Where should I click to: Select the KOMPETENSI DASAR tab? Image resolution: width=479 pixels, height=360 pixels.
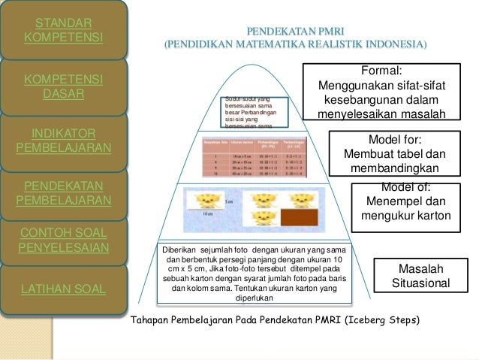point(64,86)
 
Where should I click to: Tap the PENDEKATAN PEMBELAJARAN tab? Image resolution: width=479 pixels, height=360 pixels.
point(64,193)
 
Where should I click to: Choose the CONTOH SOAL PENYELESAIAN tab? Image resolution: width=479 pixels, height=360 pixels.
point(64,238)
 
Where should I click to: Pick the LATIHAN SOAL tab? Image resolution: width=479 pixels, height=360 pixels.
point(64,287)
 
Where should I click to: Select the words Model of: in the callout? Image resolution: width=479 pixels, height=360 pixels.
point(406,188)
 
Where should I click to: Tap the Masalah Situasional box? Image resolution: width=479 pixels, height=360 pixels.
point(421,277)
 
